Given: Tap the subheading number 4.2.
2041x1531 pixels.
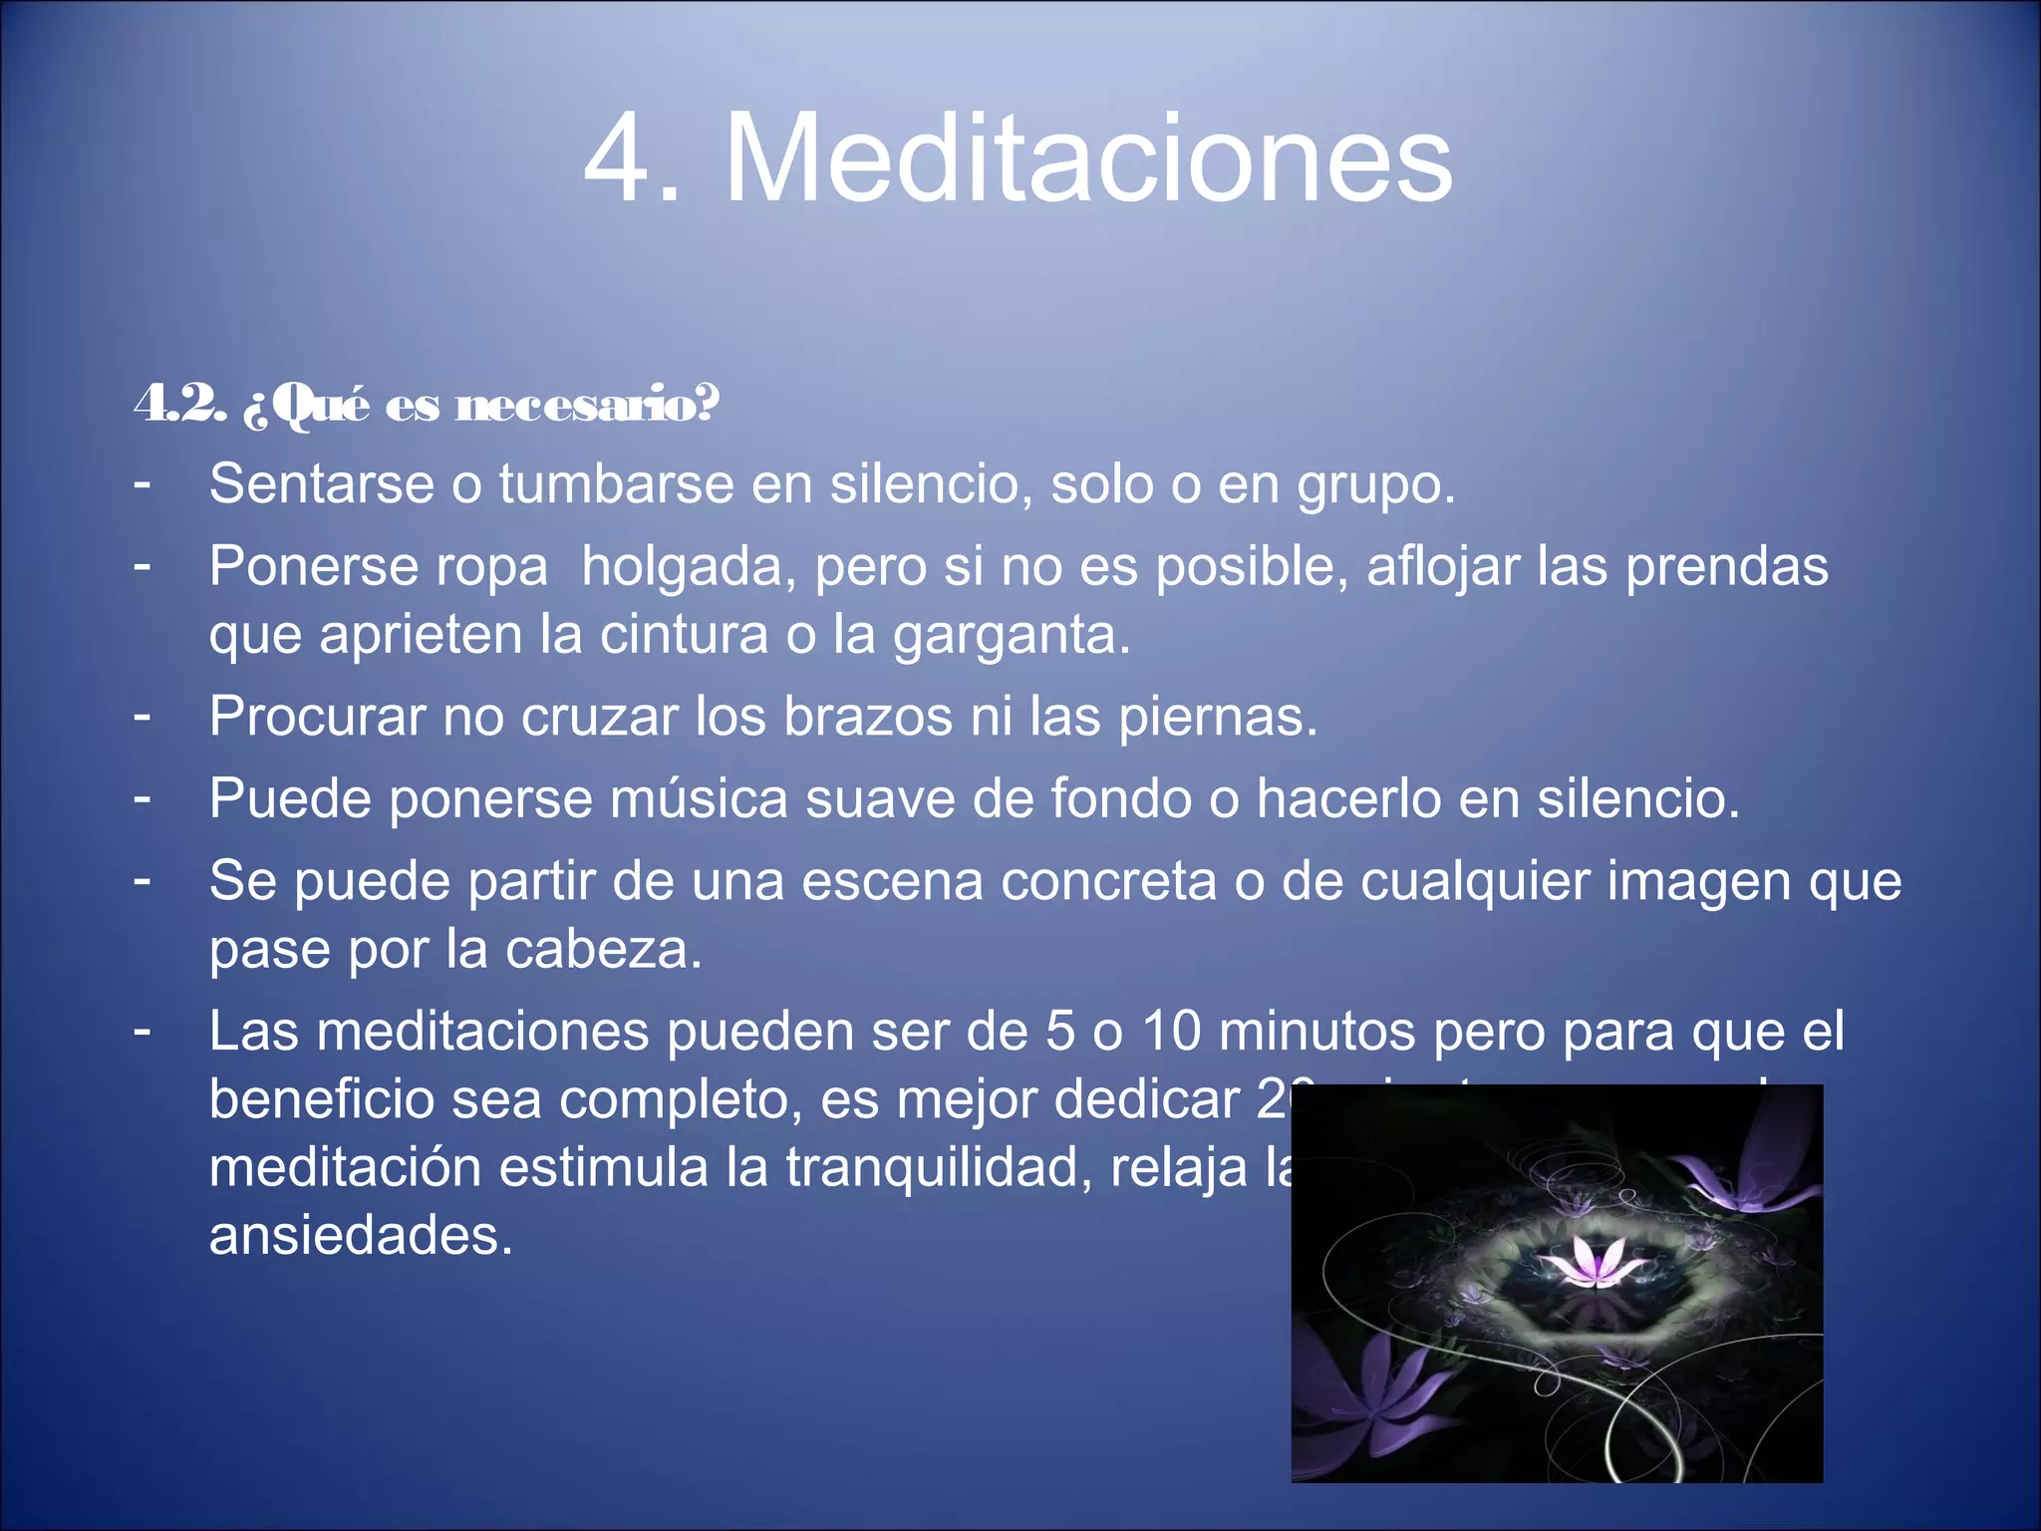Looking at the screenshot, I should pos(180,404).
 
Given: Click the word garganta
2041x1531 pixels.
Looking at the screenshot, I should pos(1012,636).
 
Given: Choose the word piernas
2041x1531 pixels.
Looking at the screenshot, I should pos(1218,718).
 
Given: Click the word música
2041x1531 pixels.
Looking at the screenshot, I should pos(699,798).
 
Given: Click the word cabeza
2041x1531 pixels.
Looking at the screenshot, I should pos(603,949).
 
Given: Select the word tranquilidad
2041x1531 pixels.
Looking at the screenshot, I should pos(933,1167).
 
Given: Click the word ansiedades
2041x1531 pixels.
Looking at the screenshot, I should pos(361,1236).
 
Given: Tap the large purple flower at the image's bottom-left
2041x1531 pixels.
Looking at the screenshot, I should pos(1370,1395).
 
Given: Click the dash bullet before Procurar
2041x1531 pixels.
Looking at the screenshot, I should pos(143,715).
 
